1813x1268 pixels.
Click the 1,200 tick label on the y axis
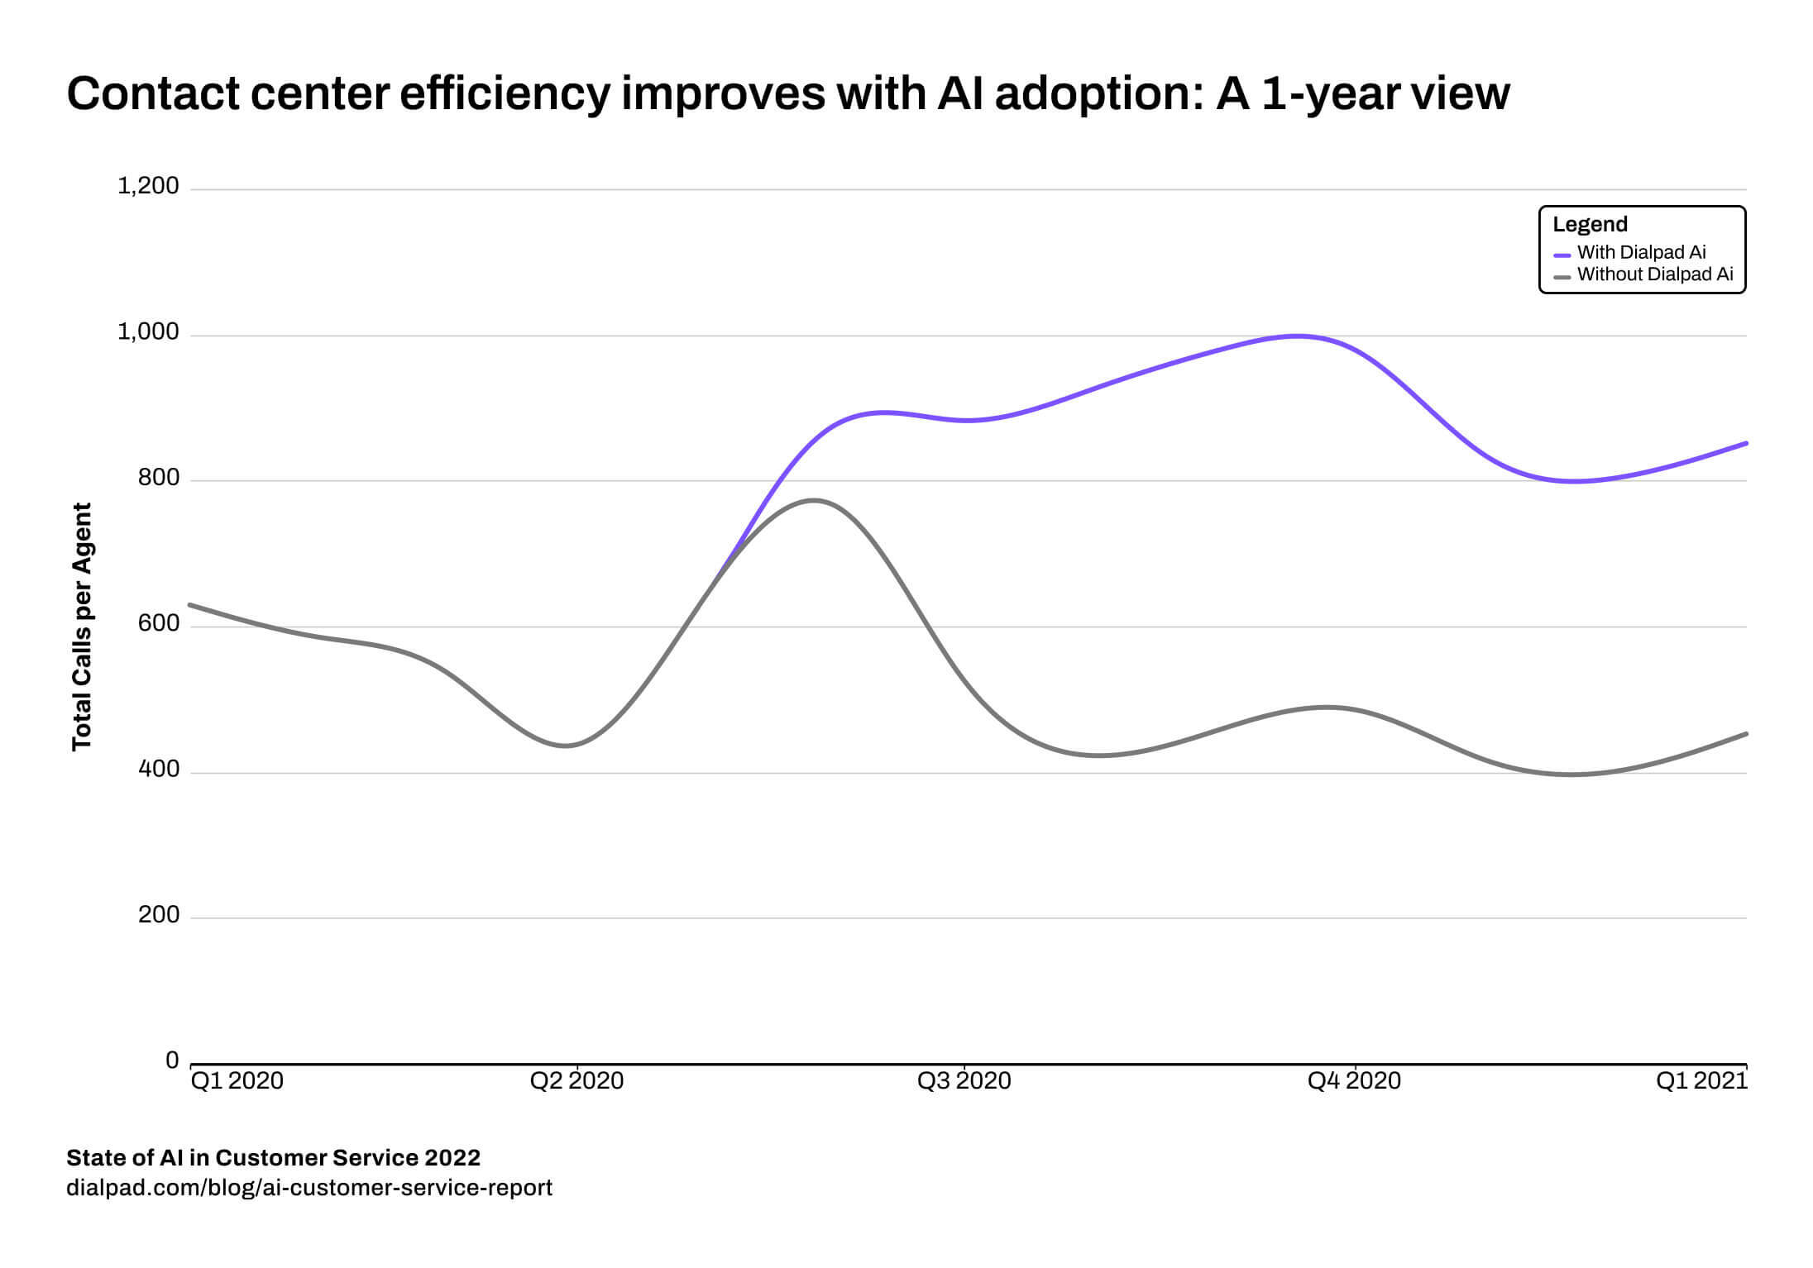148,186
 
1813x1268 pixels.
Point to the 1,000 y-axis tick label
148,331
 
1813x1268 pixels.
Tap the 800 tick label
159,478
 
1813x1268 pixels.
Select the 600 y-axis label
159,623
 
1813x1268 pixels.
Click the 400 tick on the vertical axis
159,770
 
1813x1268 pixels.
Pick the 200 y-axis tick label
159,915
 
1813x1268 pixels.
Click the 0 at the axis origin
172,1061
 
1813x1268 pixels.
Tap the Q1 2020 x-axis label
237,1080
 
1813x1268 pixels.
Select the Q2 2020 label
576,1080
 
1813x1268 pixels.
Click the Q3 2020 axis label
964,1080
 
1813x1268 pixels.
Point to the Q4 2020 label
1354,1080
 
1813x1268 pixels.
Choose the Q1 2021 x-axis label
1701,1080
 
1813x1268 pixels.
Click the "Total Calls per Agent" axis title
81,627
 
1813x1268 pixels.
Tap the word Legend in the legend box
1590,224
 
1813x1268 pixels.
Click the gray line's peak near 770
814,500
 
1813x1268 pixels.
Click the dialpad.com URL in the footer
309,1188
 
